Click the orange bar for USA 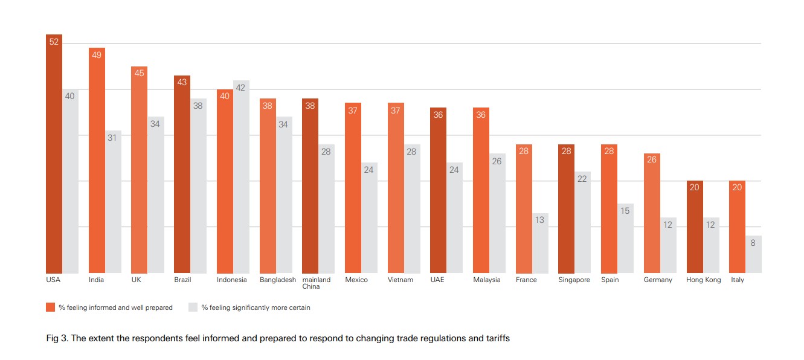coord(54,153)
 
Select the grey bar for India coord(113,202)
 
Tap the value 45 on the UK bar coord(140,73)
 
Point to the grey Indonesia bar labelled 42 coord(241,177)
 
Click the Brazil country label coord(182,280)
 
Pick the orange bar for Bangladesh coord(268,186)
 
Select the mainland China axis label coord(316,283)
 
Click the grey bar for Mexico coord(369,218)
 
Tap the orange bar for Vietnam coord(396,188)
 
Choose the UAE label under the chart coord(437,280)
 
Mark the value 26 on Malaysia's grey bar coord(497,161)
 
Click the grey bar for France coord(540,243)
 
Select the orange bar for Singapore coord(567,209)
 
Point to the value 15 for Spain coord(625,211)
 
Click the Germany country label coord(658,280)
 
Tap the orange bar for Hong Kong coord(695,227)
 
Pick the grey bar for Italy coord(753,254)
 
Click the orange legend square coord(51,307)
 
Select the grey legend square coord(193,307)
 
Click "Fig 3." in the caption coord(57,338)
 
